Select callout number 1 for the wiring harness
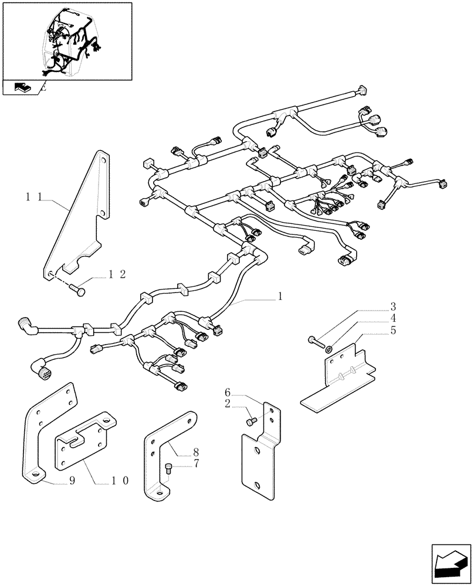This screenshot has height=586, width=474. tap(281, 297)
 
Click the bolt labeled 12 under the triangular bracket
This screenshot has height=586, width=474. tap(79, 287)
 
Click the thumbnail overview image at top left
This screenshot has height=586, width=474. tap(66, 41)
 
